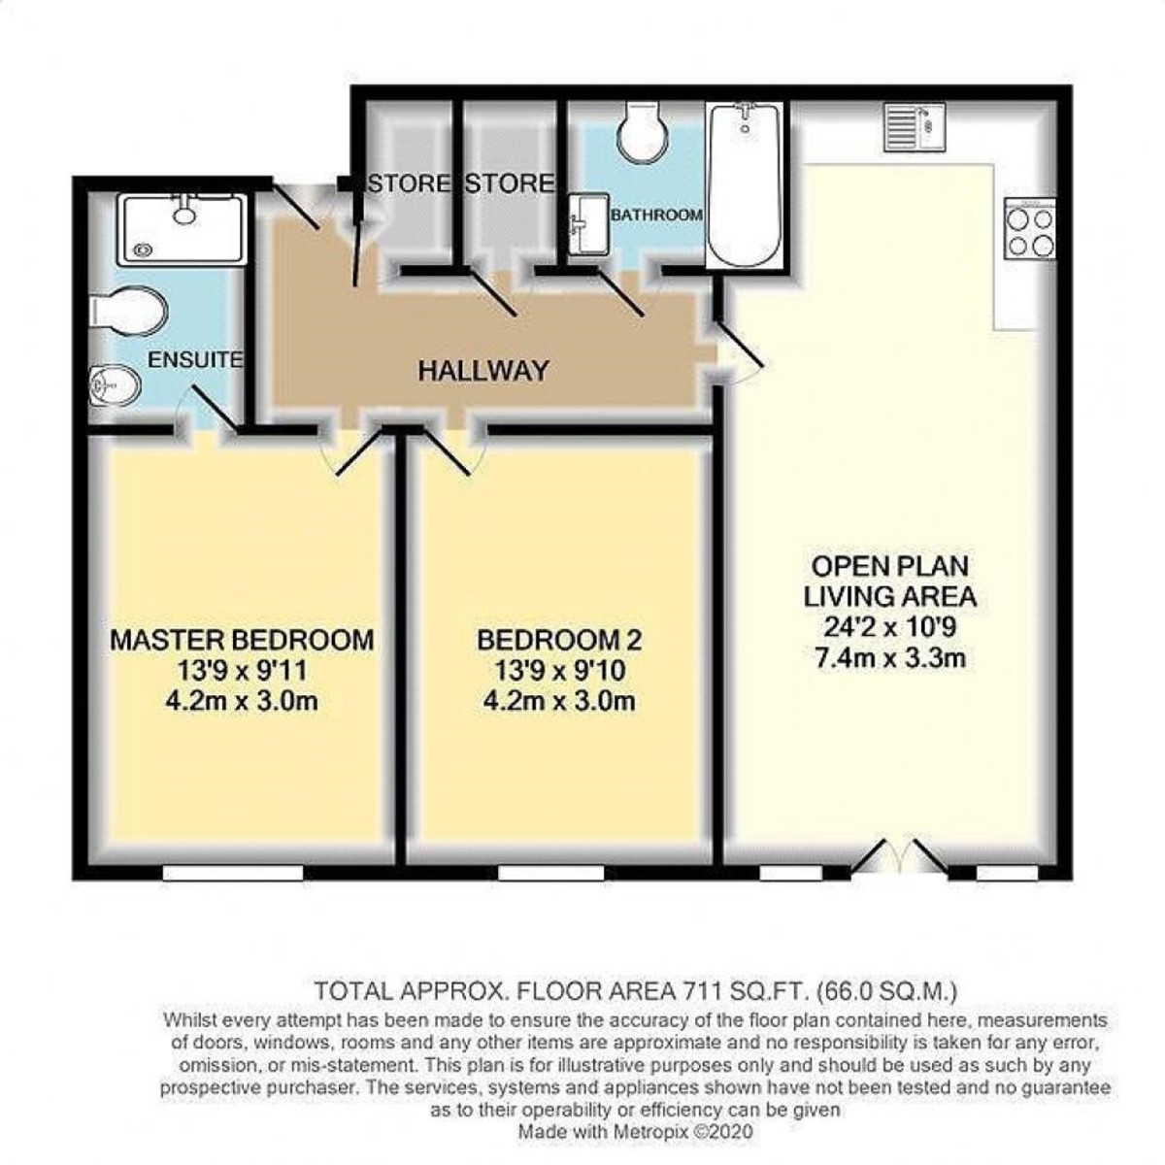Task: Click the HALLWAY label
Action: pos(483,370)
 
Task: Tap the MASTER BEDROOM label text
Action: pos(242,640)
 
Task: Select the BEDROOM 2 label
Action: pos(559,640)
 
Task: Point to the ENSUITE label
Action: pos(195,360)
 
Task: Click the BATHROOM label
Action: pos(657,215)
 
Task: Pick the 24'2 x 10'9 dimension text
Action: pos(889,627)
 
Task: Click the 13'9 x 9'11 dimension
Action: pos(242,671)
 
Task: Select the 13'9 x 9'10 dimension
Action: pos(559,671)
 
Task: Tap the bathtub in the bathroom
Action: pos(745,185)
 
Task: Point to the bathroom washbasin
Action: pos(589,224)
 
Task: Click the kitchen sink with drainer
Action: pos(915,126)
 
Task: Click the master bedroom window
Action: pos(233,873)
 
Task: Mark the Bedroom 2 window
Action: pos(550,873)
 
